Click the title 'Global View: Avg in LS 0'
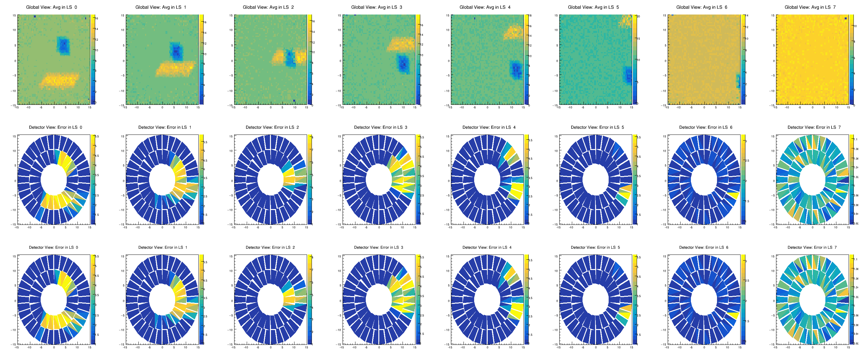pyautogui.click(x=52, y=7)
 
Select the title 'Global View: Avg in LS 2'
pyautogui.click(x=268, y=7)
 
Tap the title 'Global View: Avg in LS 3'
pyautogui.click(x=377, y=7)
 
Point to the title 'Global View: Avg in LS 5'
pyautogui.click(x=593, y=7)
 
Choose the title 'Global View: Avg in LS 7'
pyautogui.click(x=810, y=7)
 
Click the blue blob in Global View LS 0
pyautogui.click(x=63, y=46)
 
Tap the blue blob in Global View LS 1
pyautogui.click(x=176, y=51)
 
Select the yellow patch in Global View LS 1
pyautogui.click(x=175, y=69)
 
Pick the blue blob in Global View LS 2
pyautogui.click(x=290, y=59)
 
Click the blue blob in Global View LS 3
pyautogui.click(x=403, y=64)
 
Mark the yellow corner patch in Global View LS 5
pyautogui.click(x=626, y=21)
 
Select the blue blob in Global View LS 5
pyautogui.click(x=628, y=75)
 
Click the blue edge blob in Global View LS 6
pyautogui.click(x=738, y=81)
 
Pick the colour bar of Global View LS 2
pyautogui.click(x=309, y=60)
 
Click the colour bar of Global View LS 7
pyautogui.click(x=851, y=60)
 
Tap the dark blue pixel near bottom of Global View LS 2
pyautogui.click(x=294, y=101)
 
